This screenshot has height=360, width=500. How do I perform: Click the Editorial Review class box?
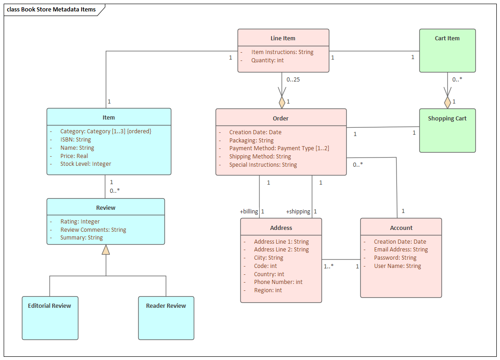coord(50,318)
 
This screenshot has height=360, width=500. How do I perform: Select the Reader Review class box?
coord(166,318)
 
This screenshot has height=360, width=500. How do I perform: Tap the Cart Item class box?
coord(447,50)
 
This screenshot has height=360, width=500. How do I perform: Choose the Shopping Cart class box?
coord(447,130)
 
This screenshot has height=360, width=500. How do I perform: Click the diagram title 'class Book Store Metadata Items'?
coord(51,10)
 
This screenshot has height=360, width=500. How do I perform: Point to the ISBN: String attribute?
coord(76,140)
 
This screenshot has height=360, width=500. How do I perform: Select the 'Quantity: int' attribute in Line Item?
coord(267,60)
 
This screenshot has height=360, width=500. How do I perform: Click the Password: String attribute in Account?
coord(395,258)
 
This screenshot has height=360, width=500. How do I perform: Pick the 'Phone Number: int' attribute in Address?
coord(278,282)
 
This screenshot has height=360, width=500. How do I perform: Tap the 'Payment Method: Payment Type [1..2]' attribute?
coord(279,148)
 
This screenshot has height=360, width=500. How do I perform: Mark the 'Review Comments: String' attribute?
coord(93,230)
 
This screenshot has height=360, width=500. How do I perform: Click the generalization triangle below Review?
coord(106,250)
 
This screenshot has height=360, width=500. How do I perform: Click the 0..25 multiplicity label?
coord(293,80)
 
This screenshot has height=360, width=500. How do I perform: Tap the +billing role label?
coord(249,212)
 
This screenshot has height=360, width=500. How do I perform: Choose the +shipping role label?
coord(298,212)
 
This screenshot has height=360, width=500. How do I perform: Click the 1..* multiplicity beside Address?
coord(329,266)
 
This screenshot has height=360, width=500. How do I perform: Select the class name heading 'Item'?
coord(109,118)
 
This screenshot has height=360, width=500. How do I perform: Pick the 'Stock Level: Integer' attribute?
coord(86,164)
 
